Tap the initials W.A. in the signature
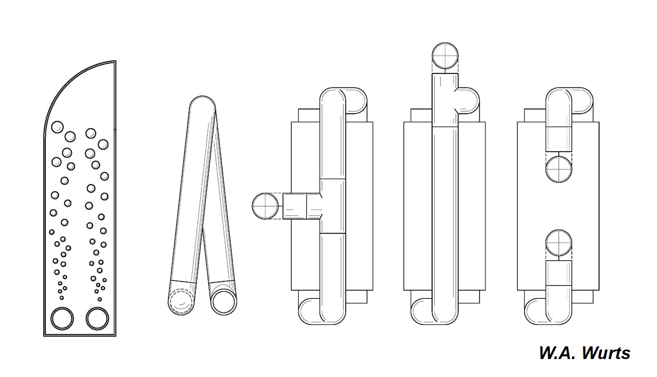point(558,353)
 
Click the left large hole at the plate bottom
point(62,318)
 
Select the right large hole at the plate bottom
point(98,318)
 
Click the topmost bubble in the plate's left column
point(58,127)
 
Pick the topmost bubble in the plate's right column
point(91,134)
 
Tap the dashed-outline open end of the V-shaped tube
point(180,303)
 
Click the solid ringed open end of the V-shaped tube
point(224,302)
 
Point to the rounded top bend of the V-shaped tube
point(203,101)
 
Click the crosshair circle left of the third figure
point(265,206)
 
